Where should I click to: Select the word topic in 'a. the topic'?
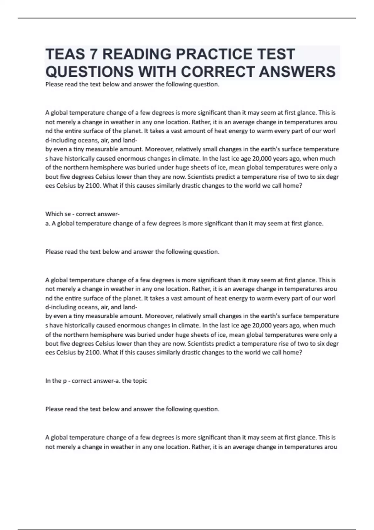click(x=140, y=381)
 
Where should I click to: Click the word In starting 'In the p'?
click(x=48, y=381)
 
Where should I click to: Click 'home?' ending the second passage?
click(x=294, y=353)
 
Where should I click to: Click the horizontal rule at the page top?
click(x=187, y=18)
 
